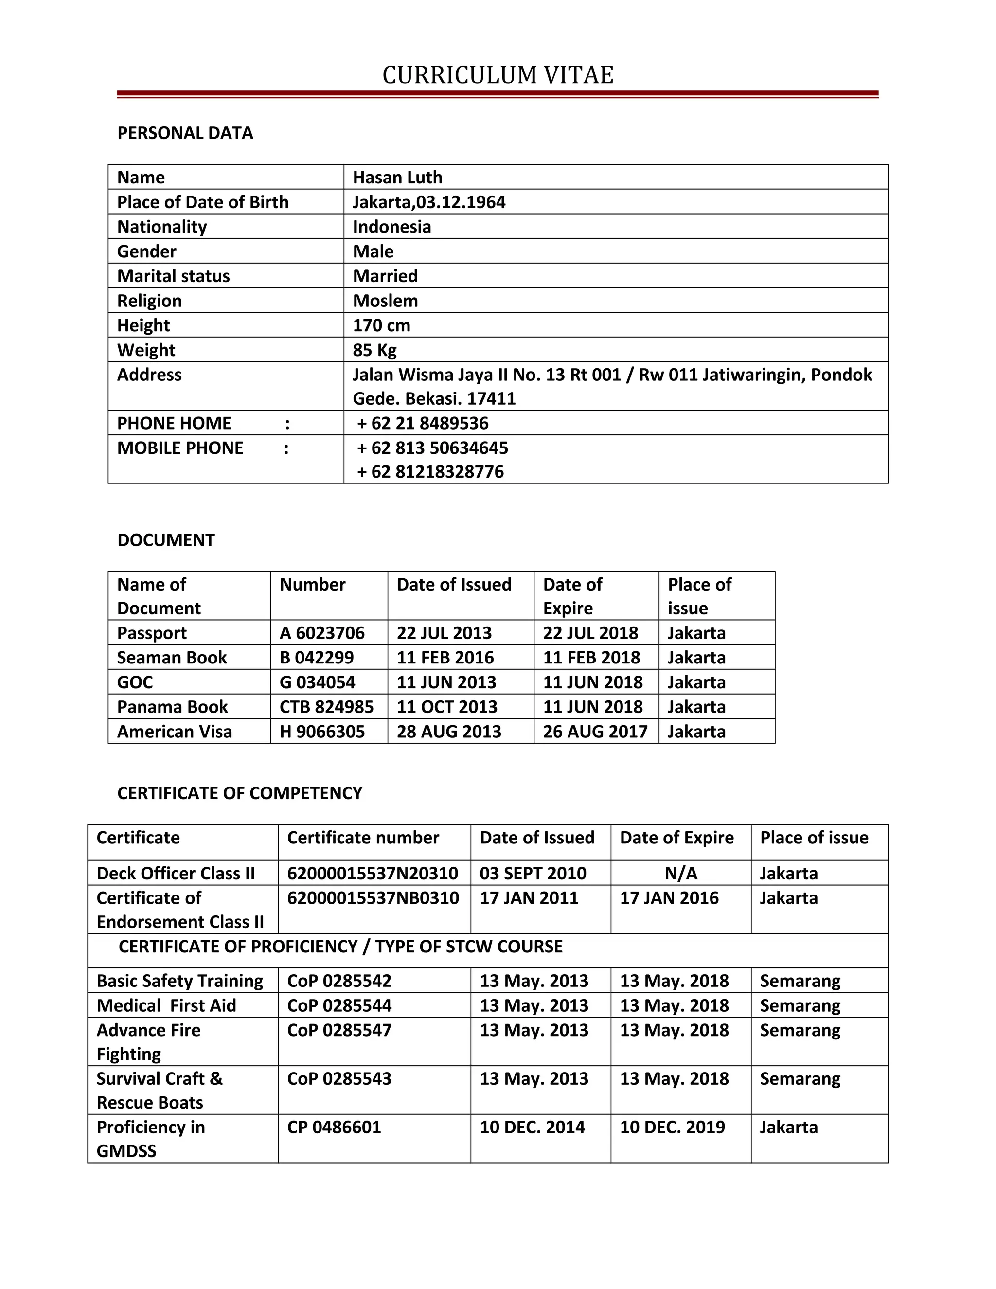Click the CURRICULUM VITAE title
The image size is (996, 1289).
coord(498,75)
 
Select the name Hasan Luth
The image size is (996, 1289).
coord(397,177)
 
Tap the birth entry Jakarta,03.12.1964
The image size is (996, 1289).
coord(429,202)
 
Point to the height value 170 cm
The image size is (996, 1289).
coord(381,325)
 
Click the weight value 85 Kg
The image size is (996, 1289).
coord(374,350)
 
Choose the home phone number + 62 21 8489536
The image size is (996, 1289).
coord(423,423)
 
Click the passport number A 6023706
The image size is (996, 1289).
coord(322,633)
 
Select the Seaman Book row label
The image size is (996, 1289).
coord(172,658)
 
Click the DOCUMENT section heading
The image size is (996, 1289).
coord(166,540)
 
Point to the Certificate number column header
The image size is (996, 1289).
coord(363,838)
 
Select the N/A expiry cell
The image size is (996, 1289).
coord(680,873)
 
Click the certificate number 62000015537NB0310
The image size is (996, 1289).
coord(373,898)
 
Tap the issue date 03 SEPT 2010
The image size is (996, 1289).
coord(533,873)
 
